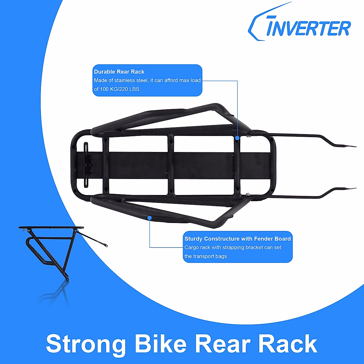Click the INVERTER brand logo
299,26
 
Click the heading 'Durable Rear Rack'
119,72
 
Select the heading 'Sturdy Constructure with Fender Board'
238,239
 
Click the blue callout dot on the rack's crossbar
237,138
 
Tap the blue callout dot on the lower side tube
150,217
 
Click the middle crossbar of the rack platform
171,165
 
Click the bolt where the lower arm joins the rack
248,194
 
